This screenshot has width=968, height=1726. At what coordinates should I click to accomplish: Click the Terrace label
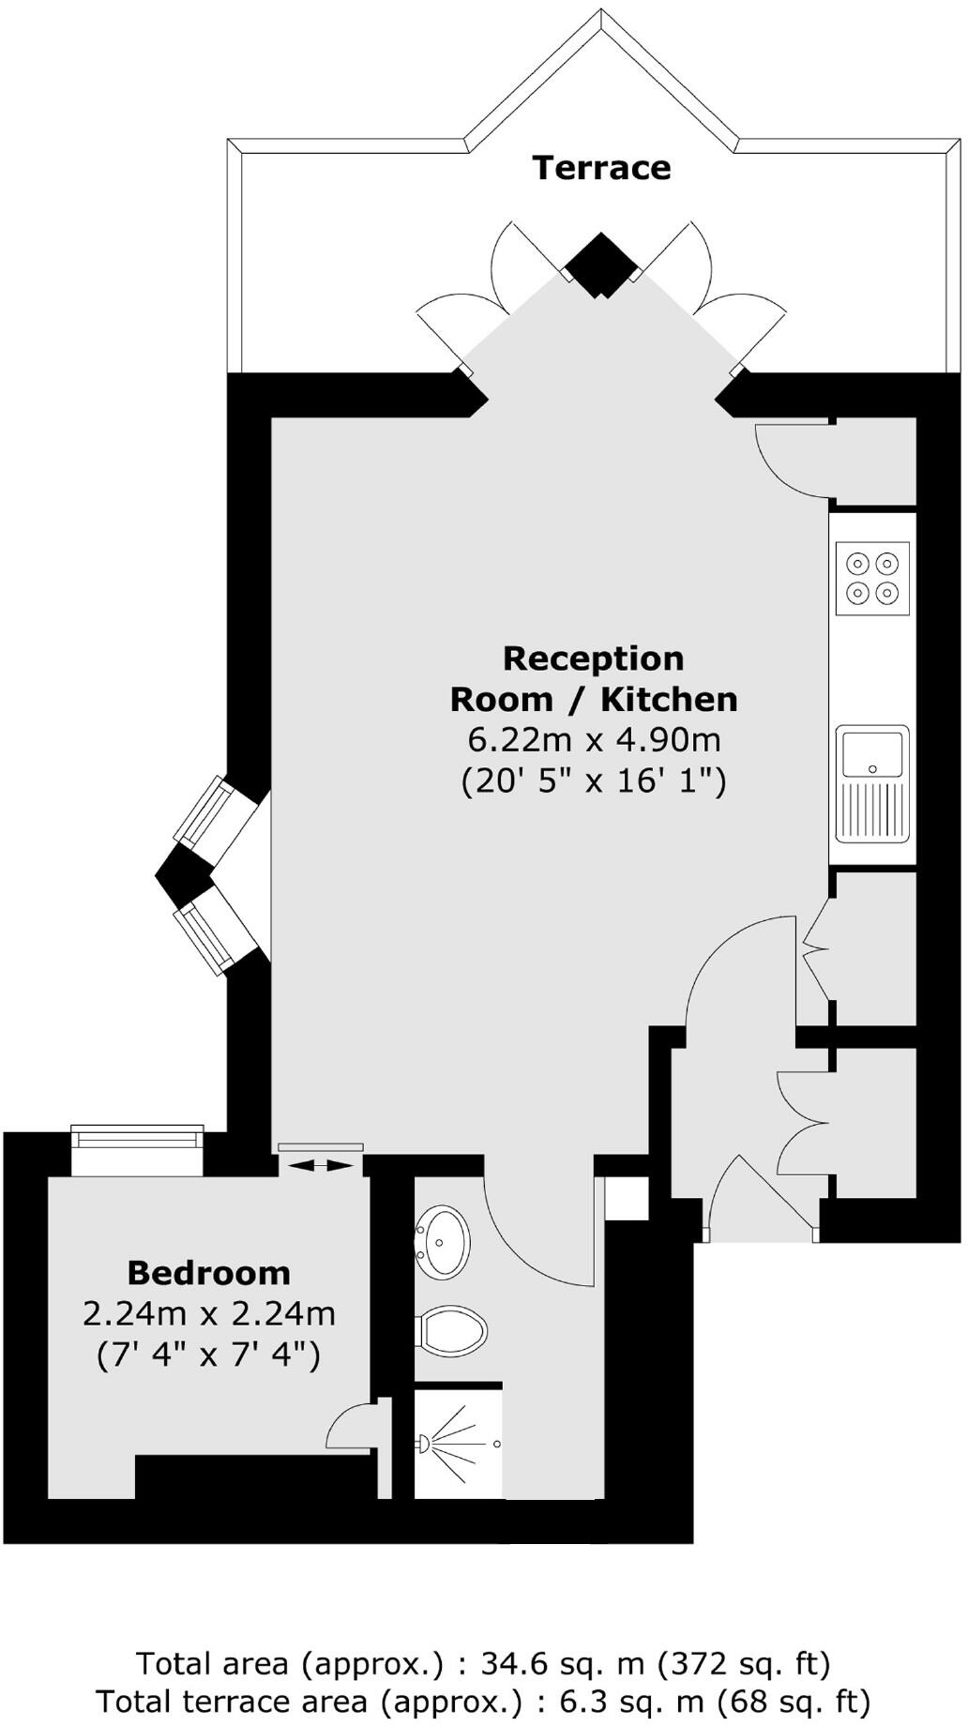point(601,168)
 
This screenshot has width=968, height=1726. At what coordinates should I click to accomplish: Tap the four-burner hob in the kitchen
point(872,578)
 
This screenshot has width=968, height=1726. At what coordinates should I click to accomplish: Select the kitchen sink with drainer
point(872,782)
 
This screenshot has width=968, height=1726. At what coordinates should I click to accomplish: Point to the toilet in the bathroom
point(453,1329)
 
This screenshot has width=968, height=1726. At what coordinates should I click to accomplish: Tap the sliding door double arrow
point(321,1165)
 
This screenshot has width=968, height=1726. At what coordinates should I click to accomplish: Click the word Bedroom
point(208,1273)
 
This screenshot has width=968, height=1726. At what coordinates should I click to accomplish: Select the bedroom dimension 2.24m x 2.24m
point(208,1313)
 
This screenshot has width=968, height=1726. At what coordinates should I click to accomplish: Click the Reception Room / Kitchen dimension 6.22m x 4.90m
point(594,739)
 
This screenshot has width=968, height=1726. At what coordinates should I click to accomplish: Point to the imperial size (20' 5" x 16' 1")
point(594,780)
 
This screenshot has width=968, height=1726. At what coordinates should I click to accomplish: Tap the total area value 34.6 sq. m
point(562,1663)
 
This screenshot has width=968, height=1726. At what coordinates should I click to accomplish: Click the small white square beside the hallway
point(626,1199)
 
